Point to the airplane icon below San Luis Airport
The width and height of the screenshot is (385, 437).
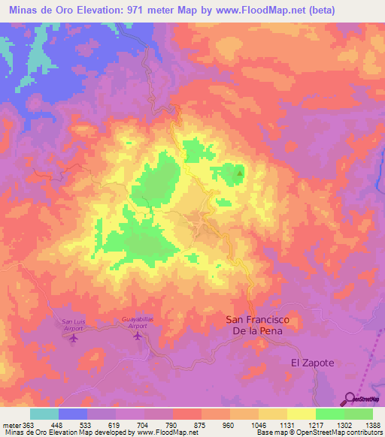click(x=74, y=338)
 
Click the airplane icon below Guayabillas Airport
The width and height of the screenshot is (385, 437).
click(x=138, y=335)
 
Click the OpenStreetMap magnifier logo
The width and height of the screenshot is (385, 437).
click(x=349, y=399)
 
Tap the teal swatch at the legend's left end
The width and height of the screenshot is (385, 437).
click(x=44, y=414)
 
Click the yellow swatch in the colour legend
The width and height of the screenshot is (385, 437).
click(x=302, y=414)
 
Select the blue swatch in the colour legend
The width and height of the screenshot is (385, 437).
click(x=73, y=414)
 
